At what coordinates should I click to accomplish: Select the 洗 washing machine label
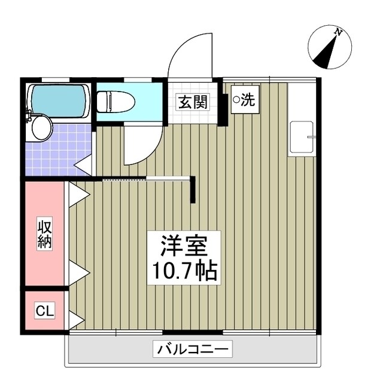(244, 101)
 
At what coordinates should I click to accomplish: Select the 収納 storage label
(45, 234)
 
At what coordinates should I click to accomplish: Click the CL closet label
(44, 311)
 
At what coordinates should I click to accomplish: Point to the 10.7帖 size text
(183, 271)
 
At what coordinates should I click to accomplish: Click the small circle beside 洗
(236, 100)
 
